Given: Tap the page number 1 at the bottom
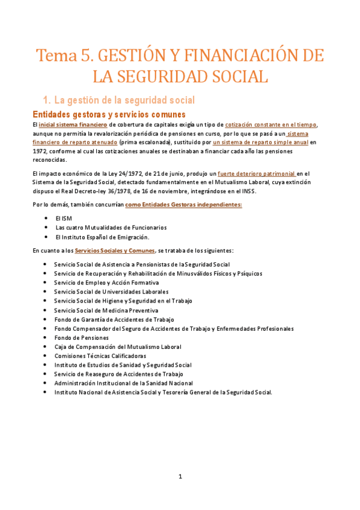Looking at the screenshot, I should (x=180, y=477).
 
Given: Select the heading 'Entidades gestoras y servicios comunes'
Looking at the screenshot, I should (x=108, y=114).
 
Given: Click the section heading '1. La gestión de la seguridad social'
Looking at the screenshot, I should (x=118, y=99).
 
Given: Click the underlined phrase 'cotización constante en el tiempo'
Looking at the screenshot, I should (x=271, y=124).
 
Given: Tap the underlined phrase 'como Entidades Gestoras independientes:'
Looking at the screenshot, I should (x=183, y=204).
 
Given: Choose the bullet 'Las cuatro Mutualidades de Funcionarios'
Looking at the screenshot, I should (x=111, y=228).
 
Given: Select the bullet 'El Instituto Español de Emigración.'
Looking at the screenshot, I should (x=102, y=237).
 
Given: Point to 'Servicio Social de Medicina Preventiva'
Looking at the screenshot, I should (x=105, y=310).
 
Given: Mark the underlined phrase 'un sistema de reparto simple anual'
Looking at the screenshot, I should (x=261, y=143).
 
